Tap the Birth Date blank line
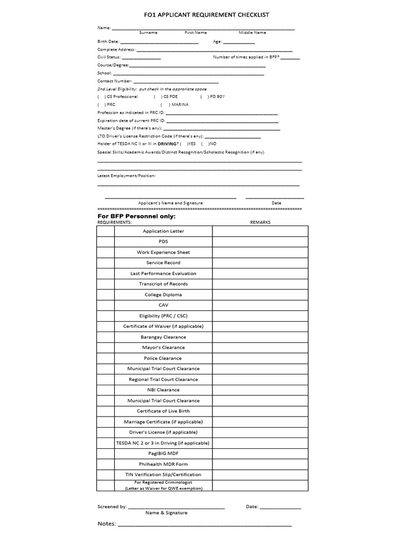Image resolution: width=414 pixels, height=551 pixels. click(x=159, y=42)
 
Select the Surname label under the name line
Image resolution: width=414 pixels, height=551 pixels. click(x=148, y=33)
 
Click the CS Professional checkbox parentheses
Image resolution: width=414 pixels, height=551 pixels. click(x=101, y=97)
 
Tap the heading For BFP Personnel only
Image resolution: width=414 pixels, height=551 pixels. click(x=136, y=216)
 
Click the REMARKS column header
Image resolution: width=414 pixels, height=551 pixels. click(x=260, y=222)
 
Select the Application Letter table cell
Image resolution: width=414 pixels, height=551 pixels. click(x=163, y=231)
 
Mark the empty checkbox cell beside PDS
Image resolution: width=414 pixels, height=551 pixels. click(x=106, y=242)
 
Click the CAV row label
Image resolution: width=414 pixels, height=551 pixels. click(x=163, y=305)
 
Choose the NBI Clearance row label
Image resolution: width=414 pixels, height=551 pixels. click(x=163, y=390)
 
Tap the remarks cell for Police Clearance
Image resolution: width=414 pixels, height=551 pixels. click(x=260, y=358)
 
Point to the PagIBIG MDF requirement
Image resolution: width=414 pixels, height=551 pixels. click(x=163, y=454)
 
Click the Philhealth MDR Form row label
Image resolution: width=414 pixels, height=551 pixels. click(x=163, y=464)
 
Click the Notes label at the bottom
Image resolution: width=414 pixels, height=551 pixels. click(x=107, y=524)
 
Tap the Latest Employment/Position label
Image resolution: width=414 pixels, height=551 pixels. click(x=127, y=176)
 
